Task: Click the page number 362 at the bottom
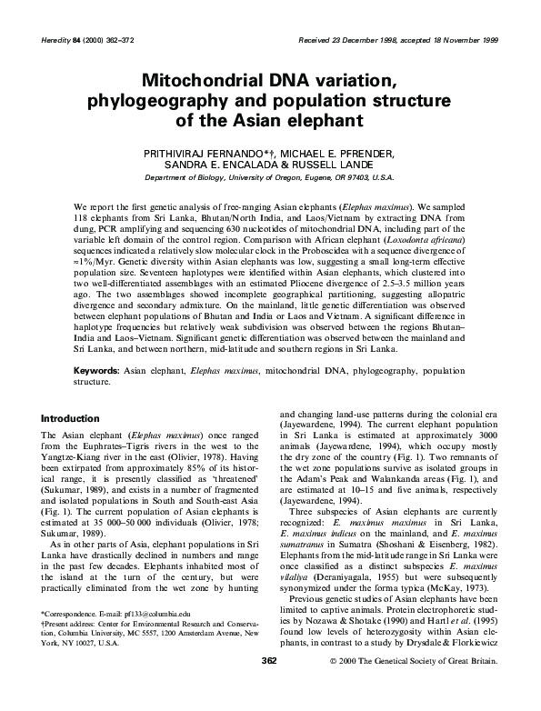[x=269, y=685]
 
